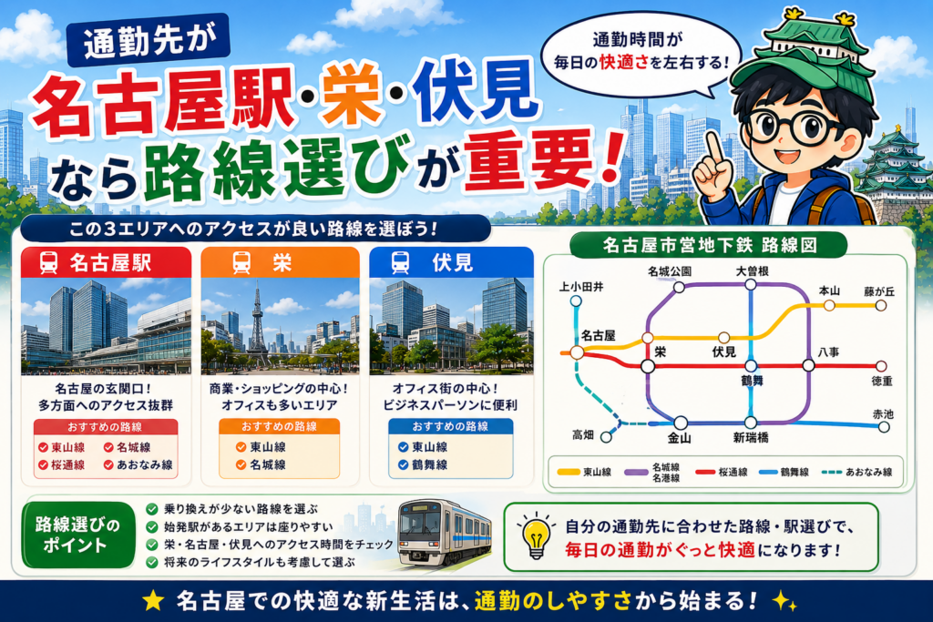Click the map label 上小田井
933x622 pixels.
(580, 287)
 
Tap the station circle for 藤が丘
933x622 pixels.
(881, 306)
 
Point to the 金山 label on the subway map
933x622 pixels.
(679, 438)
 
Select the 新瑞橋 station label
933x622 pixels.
(751, 438)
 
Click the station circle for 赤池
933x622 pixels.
(884, 427)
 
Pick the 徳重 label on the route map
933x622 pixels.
(882, 382)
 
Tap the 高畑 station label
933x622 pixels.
(583, 435)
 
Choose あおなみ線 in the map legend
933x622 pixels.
(857, 472)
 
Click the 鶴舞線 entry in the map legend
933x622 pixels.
(784, 472)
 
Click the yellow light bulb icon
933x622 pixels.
(536, 535)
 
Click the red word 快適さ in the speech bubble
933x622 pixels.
(623, 62)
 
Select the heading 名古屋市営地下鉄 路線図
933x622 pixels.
(709, 244)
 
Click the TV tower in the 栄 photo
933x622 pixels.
(257, 324)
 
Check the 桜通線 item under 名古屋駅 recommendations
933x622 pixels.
(61, 465)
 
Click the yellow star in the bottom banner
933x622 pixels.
(153, 600)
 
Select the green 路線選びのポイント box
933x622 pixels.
(78, 535)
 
